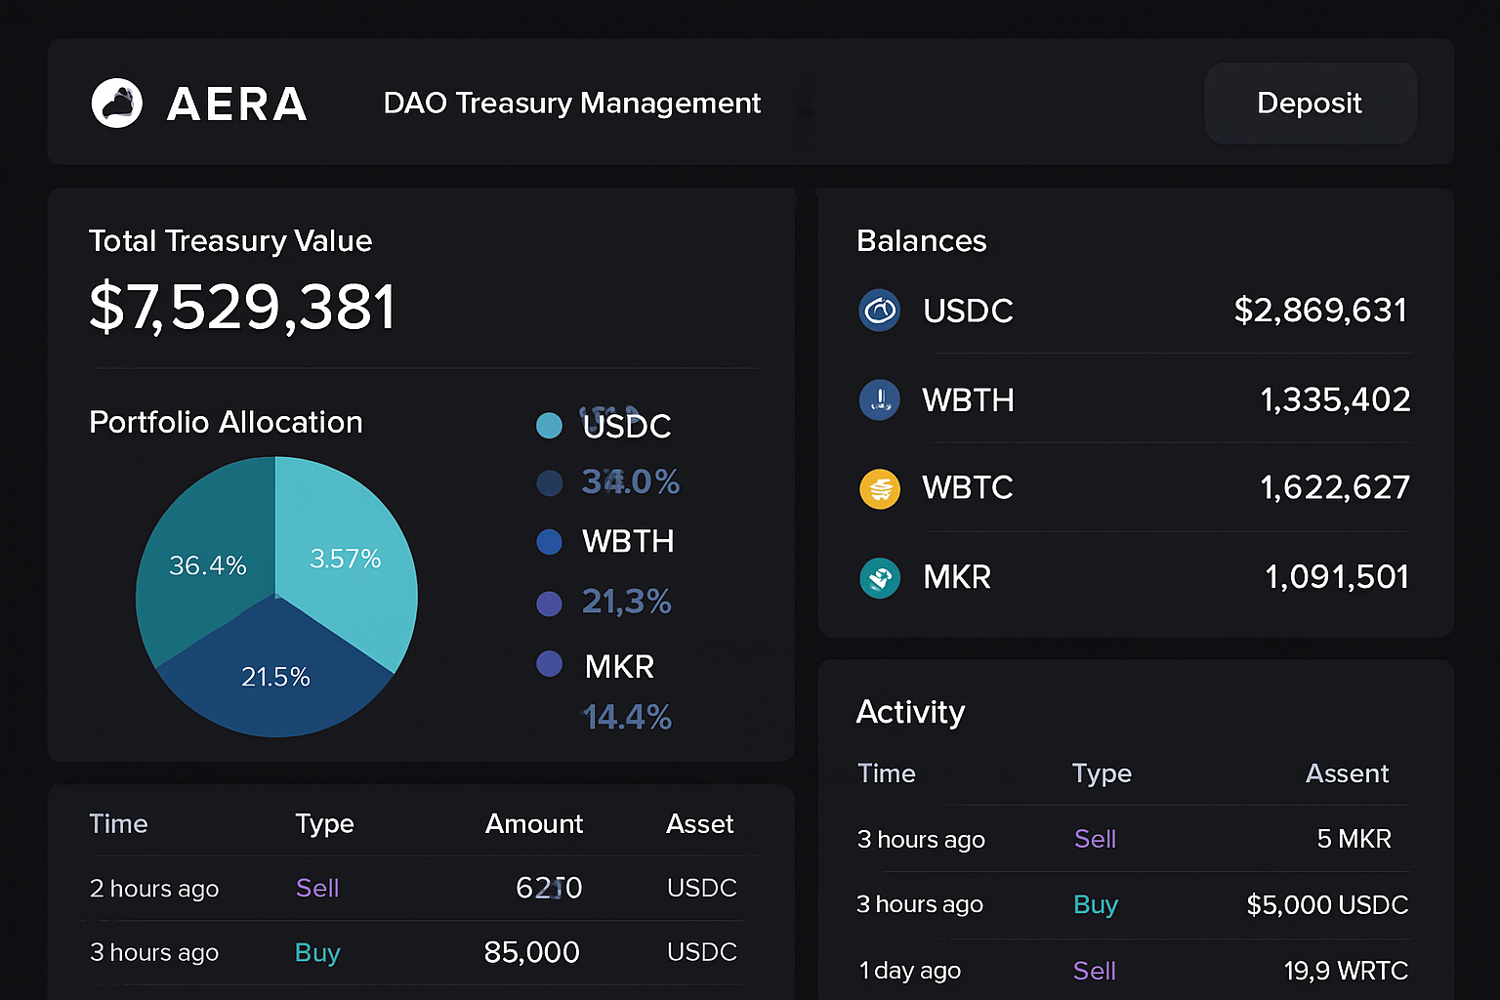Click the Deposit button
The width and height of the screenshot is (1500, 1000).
tap(1310, 104)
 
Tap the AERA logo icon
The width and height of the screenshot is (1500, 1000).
tap(117, 104)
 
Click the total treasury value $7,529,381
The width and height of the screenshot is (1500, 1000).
tap(242, 307)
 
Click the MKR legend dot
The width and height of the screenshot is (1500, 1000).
tap(550, 664)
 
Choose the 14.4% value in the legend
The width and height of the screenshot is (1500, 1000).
tap(627, 718)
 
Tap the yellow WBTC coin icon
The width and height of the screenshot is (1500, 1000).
tap(880, 488)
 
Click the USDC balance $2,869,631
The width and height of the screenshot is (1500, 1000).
tap(1320, 311)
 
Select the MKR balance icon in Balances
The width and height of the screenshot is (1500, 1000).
tap(880, 578)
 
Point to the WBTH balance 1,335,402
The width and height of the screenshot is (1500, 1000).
tap(1335, 399)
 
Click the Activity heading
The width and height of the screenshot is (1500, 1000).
tap(910, 712)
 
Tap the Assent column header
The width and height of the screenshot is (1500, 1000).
tap(1347, 773)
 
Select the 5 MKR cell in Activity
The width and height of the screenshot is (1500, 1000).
tap(1354, 839)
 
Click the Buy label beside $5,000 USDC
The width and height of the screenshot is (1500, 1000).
tap(1095, 905)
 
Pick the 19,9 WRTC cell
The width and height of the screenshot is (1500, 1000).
tap(1346, 971)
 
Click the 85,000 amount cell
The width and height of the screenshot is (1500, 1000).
tap(532, 952)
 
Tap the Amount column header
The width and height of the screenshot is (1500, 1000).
tap(534, 824)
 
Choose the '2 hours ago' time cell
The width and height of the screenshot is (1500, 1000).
tap(154, 889)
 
